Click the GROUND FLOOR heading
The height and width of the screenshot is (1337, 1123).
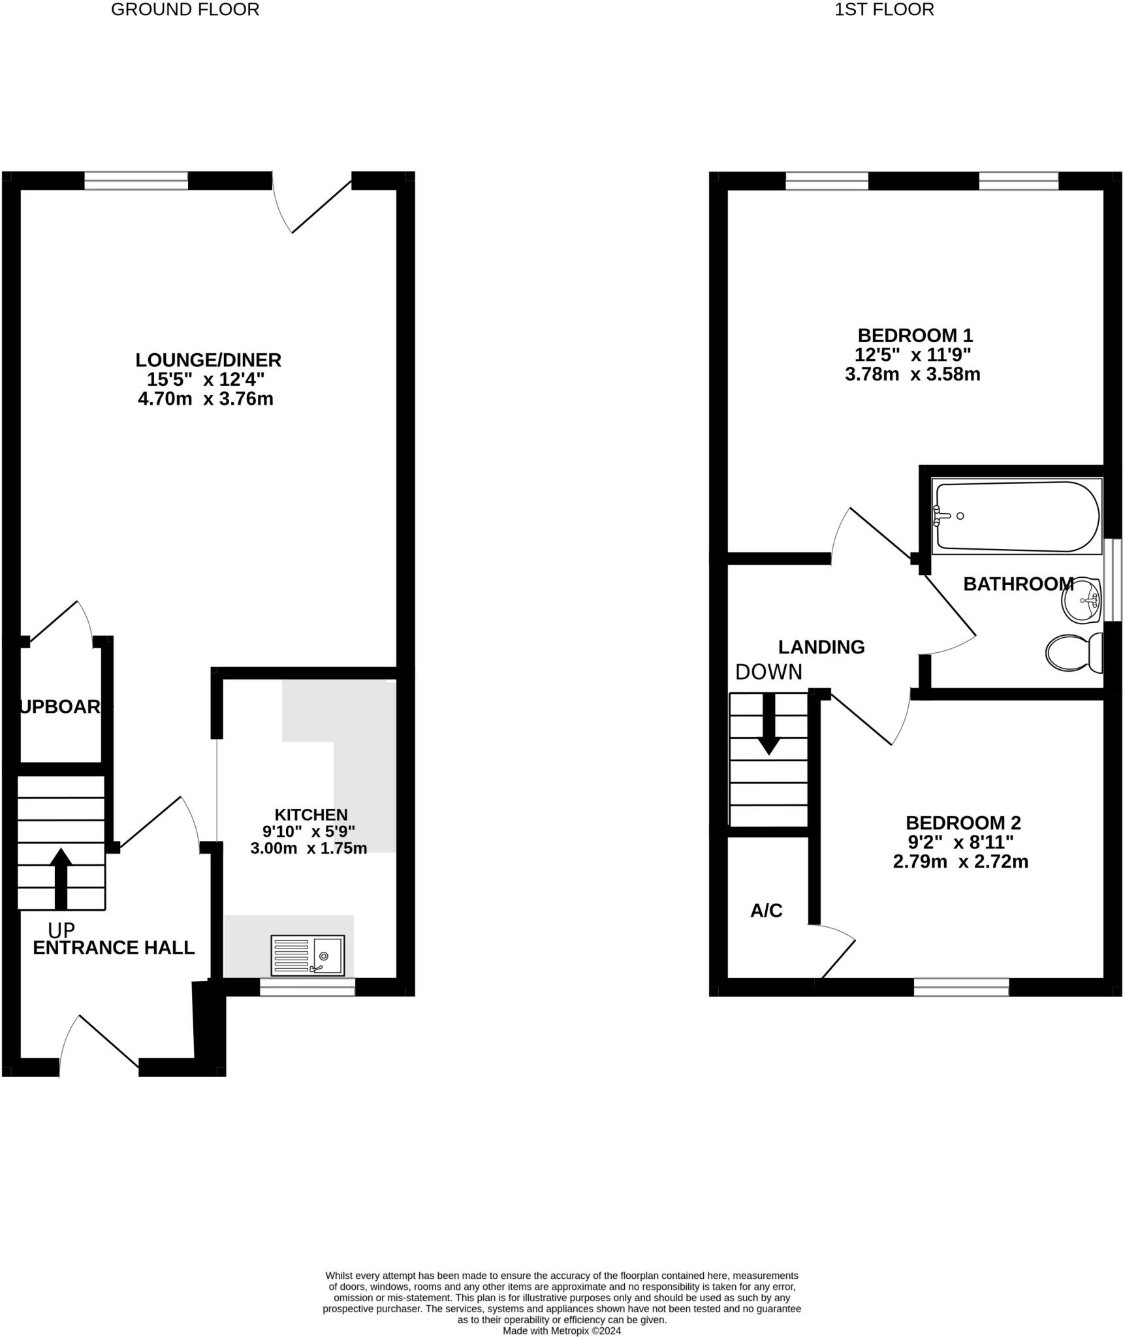coord(185,10)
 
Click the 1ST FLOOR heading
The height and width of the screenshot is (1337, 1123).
coord(884,10)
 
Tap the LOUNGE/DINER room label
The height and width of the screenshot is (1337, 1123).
coord(208,360)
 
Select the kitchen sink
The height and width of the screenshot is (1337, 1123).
coord(308,956)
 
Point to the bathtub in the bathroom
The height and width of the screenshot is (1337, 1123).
coord(1017,516)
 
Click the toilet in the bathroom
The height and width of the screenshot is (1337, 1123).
coord(1073,652)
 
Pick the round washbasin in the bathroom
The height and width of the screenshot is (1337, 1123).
coord(1081,600)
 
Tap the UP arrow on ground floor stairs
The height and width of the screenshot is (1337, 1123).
coord(61,877)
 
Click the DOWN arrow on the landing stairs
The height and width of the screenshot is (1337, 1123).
coord(768,724)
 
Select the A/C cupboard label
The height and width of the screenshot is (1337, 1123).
coord(766,911)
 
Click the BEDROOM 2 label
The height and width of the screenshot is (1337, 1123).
coord(963,823)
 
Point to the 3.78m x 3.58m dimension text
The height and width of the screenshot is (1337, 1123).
coord(913,375)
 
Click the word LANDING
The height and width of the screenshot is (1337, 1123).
coord(821,647)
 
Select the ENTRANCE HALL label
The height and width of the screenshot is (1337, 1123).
coord(114,948)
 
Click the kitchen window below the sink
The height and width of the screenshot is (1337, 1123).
coord(308,987)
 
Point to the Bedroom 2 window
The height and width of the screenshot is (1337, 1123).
coord(961,987)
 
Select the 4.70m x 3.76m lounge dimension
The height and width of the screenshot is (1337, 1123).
coord(206,399)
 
